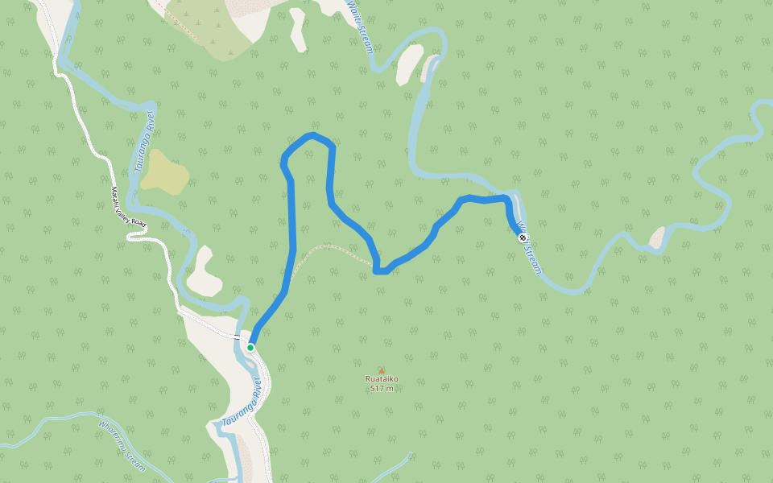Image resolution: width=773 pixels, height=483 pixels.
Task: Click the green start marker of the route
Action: click(x=250, y=347)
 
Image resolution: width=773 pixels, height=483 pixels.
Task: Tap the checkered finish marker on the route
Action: click(x=523, y=237)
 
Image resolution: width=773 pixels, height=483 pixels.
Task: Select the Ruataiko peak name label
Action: click(x=382, y=379)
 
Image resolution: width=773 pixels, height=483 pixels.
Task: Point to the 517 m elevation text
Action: click(x=382, y=389)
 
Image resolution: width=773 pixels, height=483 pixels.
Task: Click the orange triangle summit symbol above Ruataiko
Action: click(x=382, y=369)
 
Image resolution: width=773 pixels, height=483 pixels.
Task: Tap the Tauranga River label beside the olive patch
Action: click(x=144, y=143)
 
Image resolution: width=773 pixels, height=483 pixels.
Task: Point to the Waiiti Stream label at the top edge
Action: click(x=360, y=26)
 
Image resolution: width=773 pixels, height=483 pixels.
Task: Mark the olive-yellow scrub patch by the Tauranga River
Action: click(x=165, y=171)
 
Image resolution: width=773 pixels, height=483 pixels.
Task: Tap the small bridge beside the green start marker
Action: click(x=237, y=336)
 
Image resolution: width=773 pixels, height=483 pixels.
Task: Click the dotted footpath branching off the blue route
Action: click(x=330, y=246)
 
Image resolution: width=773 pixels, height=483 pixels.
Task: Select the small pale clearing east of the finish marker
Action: click(x=658, y=237)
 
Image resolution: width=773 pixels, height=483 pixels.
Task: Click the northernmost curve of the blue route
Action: click(x=312, y=134)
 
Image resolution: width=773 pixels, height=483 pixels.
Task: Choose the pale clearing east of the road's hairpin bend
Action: click(x=203, y=272)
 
